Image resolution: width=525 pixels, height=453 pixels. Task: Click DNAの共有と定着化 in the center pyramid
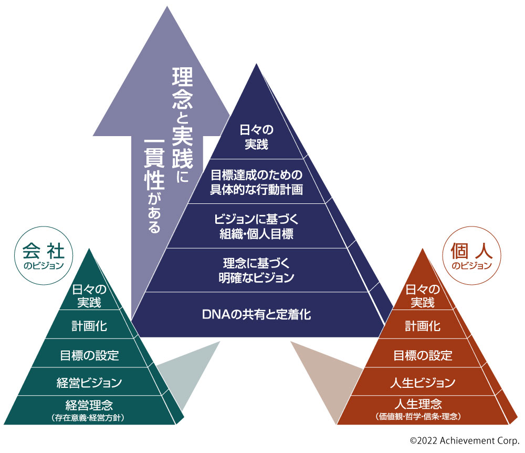(257, 315)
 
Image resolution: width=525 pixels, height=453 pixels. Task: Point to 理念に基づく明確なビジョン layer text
(257, 270)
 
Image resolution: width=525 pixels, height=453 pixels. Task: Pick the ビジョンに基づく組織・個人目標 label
(257, 226)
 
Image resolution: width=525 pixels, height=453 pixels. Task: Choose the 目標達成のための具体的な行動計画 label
(257, 181)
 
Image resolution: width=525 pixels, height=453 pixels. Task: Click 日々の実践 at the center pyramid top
(257, 137)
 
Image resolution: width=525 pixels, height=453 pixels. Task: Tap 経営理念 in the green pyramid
(89, 405)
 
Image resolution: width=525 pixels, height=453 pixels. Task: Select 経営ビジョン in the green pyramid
(89, 382)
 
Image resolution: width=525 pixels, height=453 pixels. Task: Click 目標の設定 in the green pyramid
(89, 355)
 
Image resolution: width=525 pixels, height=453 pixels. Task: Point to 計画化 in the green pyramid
(89, 326)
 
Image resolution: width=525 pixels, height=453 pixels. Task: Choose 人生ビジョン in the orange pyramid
(423, 382)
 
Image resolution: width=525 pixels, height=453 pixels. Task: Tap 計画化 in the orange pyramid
(423, 326)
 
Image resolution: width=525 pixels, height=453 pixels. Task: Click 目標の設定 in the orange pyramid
(423, 355)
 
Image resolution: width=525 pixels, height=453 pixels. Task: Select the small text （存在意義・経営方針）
(89, 418)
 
